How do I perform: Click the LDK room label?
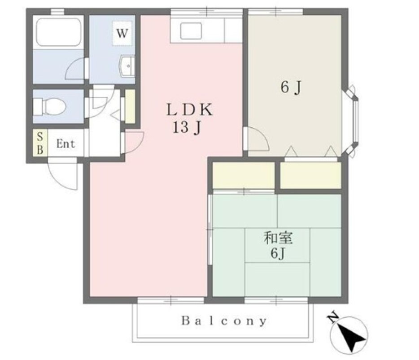[189, 110]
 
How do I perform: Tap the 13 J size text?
[187, 127]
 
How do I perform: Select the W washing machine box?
[122, 33]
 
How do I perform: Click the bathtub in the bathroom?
[58, 32]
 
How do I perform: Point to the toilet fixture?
[49, 107]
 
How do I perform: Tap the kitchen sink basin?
[191, 31]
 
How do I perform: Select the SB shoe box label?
[40, 143]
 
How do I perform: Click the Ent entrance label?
[66, 144]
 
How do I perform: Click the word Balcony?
[224, 321]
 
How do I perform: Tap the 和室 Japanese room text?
[278, 238]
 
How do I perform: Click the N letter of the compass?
[333, 317]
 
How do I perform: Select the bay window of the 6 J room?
[352, 120]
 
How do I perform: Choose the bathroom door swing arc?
[76, 69]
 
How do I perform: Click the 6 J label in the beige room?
[291, 87]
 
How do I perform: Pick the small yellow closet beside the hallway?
[130, 107]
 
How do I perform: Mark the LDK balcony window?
[171, 300]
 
